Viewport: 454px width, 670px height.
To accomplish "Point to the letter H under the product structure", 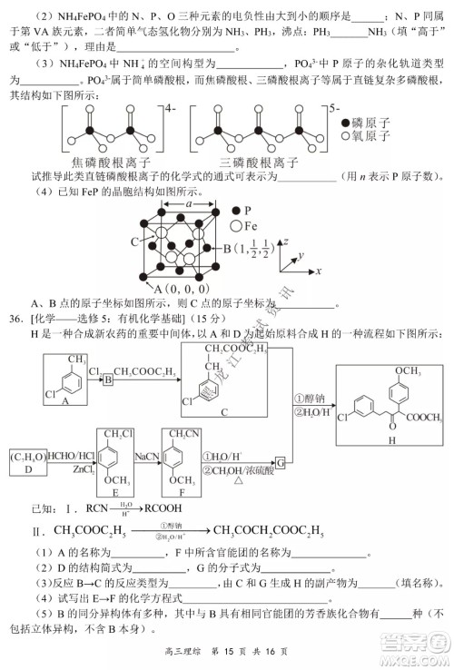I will click(393, 440).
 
